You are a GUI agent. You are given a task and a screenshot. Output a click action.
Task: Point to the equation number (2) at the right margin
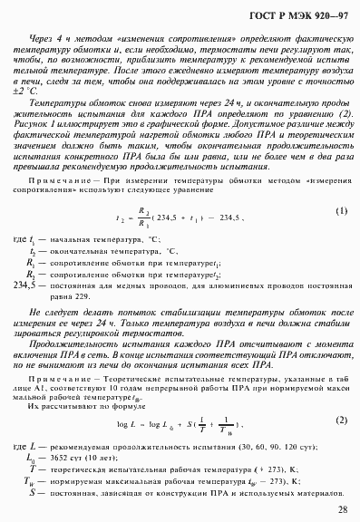341,420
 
